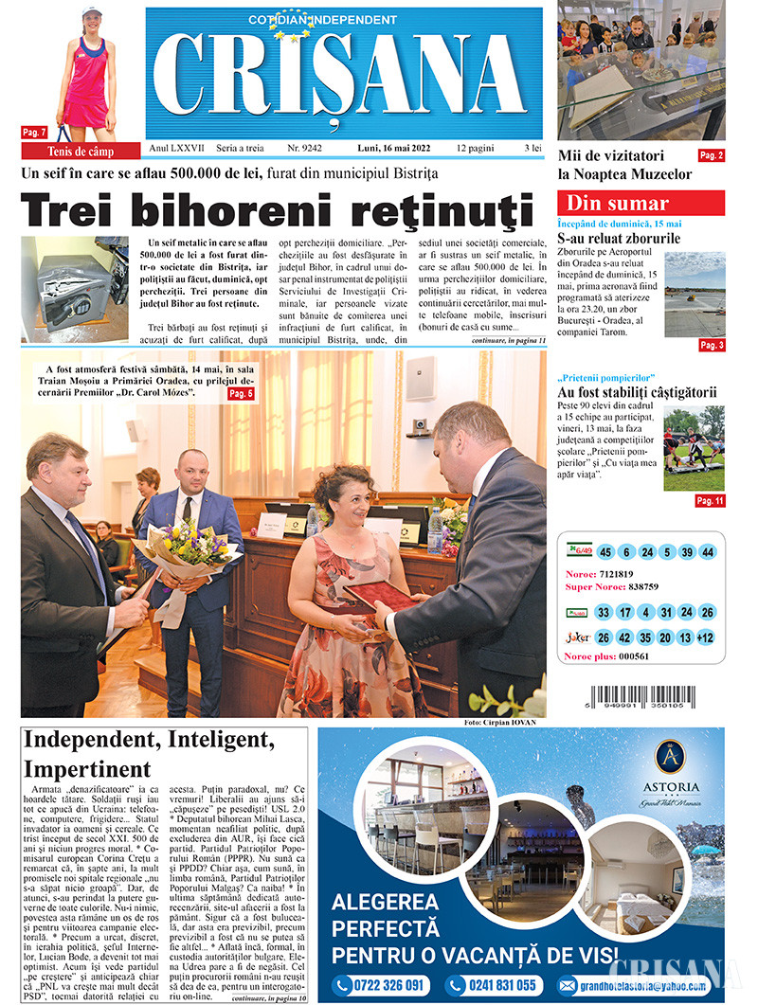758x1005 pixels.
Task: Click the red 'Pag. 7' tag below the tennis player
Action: (34, 133)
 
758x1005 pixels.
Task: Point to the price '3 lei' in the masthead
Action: (532, 149)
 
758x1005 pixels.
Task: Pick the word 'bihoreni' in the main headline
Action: (270, 207)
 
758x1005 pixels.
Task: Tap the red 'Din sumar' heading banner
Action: (641, 203)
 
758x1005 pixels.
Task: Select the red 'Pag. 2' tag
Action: (711, 155)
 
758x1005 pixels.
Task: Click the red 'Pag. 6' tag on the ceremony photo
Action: (242, 392)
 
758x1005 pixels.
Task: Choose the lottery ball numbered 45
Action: (604, 552)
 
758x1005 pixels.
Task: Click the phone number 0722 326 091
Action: (379, 985)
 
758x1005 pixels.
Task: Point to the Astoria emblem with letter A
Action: (670, 758)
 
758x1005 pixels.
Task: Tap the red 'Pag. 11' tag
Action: (710, 500)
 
